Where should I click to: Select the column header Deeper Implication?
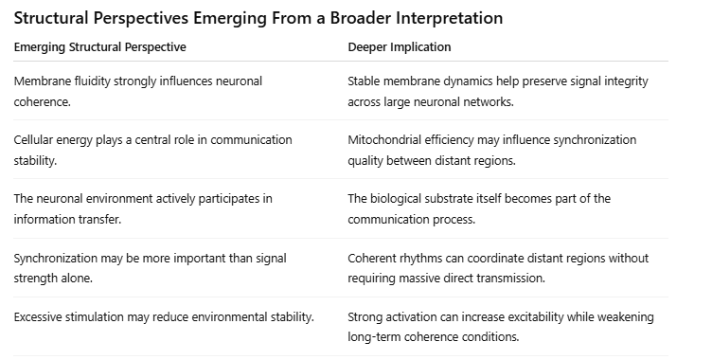tap(400, 46)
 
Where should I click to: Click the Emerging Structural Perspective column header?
tap(100, 47)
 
